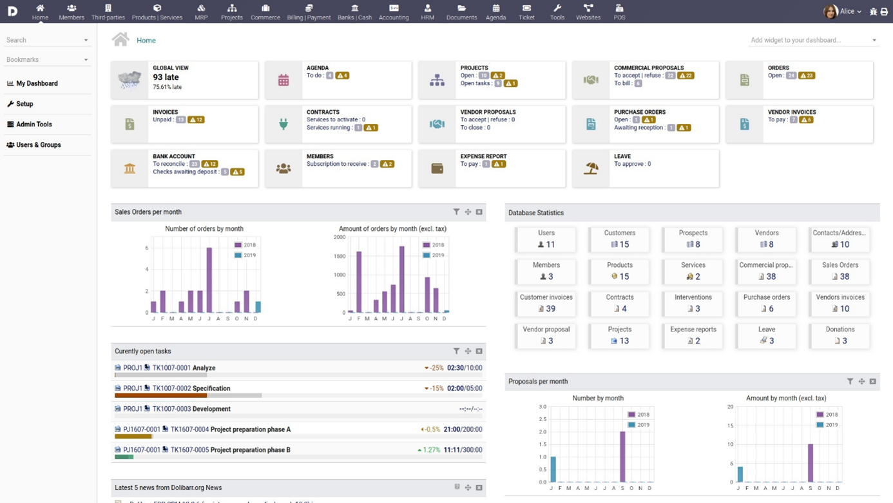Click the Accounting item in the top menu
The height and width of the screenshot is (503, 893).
[394, 12]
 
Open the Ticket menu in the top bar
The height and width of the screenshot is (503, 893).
[526, 12]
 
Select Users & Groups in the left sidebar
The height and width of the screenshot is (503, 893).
[38, 145]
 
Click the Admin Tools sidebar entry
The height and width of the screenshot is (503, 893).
[34, 124]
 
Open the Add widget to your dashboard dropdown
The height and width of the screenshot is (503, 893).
[813, 40]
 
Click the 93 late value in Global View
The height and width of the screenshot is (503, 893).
[166, 77]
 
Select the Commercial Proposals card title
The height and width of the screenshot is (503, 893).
[648, 68]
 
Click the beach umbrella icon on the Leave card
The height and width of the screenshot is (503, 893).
[591, 168]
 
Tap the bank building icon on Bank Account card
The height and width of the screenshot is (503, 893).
[130, 168]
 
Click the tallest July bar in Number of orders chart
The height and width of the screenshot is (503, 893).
[209, 281]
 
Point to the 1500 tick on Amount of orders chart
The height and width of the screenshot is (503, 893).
[339, 256]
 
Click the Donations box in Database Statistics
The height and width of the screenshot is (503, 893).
[840, 335]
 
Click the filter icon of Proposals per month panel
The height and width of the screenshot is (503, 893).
[850, 382]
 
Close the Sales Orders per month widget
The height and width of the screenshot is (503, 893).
[479, 212]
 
